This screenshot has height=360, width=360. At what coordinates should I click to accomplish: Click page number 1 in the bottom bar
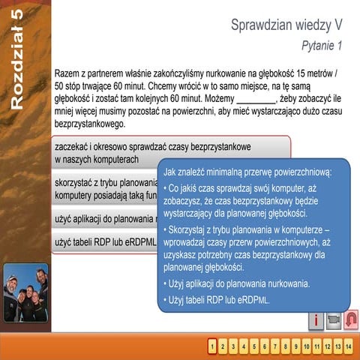213,346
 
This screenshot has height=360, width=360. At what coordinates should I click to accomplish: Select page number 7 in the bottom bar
276,346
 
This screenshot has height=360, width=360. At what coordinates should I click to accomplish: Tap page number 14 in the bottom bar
349,346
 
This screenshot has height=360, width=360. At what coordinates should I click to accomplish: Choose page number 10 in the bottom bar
307,346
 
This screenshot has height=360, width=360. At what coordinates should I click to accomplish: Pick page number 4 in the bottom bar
244,346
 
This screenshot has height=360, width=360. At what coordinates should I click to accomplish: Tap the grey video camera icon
334,319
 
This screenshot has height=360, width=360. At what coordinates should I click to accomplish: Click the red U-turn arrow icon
350,319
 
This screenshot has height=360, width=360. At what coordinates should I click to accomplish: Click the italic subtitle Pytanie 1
321,46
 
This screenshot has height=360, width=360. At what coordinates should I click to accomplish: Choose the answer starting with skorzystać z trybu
105,189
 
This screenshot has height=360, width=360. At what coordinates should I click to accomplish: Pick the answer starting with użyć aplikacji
105,220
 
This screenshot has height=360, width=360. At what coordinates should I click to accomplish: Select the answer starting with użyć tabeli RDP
105,241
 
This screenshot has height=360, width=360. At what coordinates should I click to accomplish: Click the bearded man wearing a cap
12,287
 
